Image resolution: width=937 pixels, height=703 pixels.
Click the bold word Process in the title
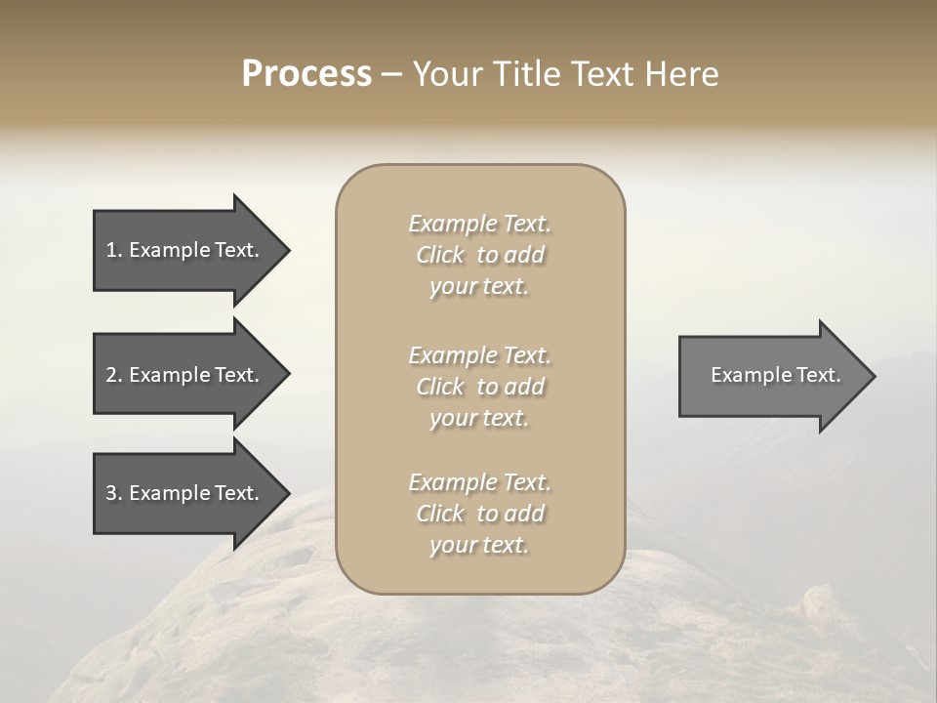pyautogui.click(x=306, y=74)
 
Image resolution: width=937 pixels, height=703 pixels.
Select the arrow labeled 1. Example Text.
pyautogui.click(x=185, y=250)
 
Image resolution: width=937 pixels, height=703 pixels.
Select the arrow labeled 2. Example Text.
pyautogui.click(x=185, y=375)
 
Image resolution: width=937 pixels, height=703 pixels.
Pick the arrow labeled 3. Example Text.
pyautogui.click(x=185, y=493)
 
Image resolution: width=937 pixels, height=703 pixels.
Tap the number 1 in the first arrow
pyautogui.click(x=111, y=250)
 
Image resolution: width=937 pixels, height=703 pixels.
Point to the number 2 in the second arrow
pyautogui.click(x=111, y=375)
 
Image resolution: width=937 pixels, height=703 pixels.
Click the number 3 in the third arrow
pyautogui.click(x=111, y=493)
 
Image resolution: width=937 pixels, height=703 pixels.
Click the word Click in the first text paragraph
pyautogui.click(x=440, y=256)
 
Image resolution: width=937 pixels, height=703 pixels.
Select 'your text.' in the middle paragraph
pyautogui.click(x=479, y=418)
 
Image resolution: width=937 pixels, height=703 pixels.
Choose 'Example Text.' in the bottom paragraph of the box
pyautogui.click(x=479, y=482)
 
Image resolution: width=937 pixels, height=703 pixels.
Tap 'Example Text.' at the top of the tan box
pyautogui.click(x=479, y=224)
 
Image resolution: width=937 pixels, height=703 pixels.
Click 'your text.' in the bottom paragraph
pyautogui.click(x=479, y=545)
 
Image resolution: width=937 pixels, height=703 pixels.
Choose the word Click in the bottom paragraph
pyautogui.click(x=440, y=514)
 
